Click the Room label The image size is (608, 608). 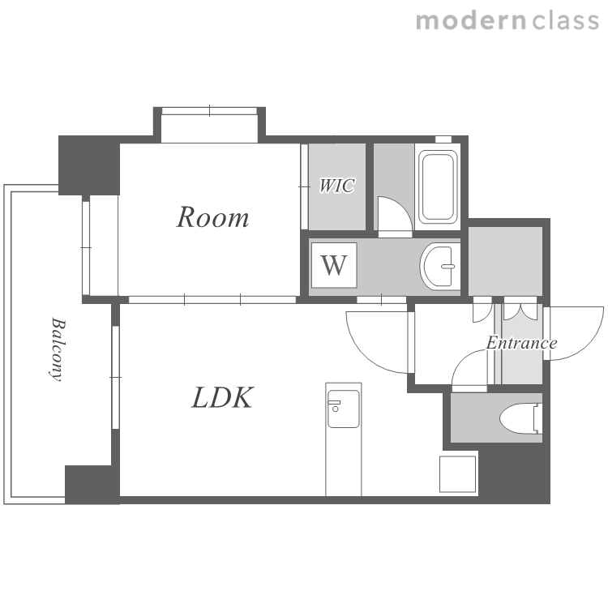pyautogui.click(x=212, y=217)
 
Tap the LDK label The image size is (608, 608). pyautogui.click(x=223, y=398)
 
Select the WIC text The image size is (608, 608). pyautogui.click(x=336, y=186)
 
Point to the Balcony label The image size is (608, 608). pyautogui.click(x=58, y=349)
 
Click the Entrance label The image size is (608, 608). pyautogui.click(x=521, y=343)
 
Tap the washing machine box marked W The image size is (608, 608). pyautogui.click(x=334, y=265)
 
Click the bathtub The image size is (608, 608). pyautogui.click(x=438, y=187)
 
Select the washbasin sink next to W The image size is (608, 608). pyautogui.click(x=439, y=266)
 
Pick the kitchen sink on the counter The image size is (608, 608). pyautogui.click(x=343, y=409)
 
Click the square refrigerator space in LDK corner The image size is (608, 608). pyautogui.click(x=457, y=474)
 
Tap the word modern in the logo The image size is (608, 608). pyautogui.click(x=471, y=21)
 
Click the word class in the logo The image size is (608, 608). pyautogui.click(x=565, y=21)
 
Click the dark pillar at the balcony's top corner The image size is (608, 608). pyautogui.click(x=89, y=165)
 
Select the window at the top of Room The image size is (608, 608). pyautogui.click(x=209, y=111)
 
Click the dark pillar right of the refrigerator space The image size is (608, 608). pyautogui.click(x=514, y=473)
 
